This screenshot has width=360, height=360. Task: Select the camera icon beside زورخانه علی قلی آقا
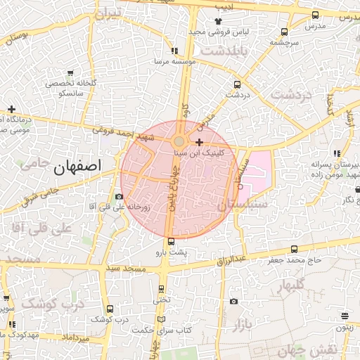point(119,196)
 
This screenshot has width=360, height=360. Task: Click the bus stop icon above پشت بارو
point(172,241)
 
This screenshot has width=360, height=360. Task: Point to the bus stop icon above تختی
point(162,289)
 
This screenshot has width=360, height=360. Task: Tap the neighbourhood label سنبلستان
point(243,205)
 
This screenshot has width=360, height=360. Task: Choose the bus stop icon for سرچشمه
point(284,32)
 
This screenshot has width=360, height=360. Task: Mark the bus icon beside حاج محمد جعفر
point(295,249)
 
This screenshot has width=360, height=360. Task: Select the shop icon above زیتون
point(345,316)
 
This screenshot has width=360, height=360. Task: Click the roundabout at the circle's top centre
point(179,141)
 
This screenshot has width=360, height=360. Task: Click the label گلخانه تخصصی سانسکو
point(65,87)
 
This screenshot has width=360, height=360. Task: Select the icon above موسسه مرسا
point(174,51)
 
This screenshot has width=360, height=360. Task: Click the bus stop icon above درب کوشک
point(110,309)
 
